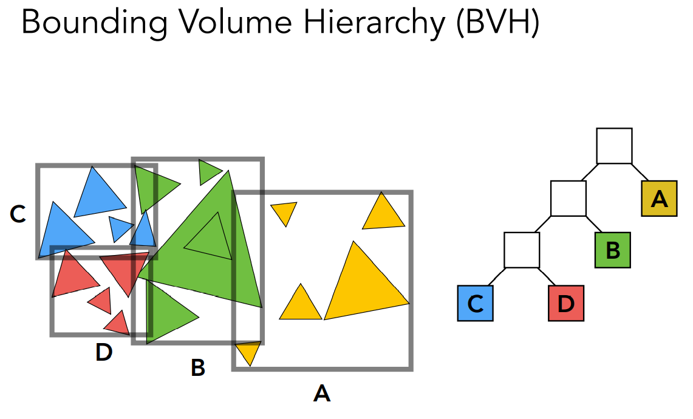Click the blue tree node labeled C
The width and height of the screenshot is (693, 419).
click(476, 303)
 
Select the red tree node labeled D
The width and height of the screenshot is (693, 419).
click(565, 303)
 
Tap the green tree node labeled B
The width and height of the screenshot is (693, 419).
click(612, 250)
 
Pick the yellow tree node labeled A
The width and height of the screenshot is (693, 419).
click(659, 199)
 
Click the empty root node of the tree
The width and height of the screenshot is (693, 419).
click(614, 146)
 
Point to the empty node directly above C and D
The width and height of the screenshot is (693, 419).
click(522, 250)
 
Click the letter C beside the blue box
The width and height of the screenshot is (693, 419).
click(18, 214)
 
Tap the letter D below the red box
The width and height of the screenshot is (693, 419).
click(104, 353)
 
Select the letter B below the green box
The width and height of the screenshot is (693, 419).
click(197, 367)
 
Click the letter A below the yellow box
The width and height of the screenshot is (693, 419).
click(322, 394)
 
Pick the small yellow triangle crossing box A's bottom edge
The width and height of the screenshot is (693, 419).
click(248, 351)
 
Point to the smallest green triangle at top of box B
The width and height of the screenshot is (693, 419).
click(208, 171)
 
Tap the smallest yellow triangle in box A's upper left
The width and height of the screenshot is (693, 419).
click(284, 212)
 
